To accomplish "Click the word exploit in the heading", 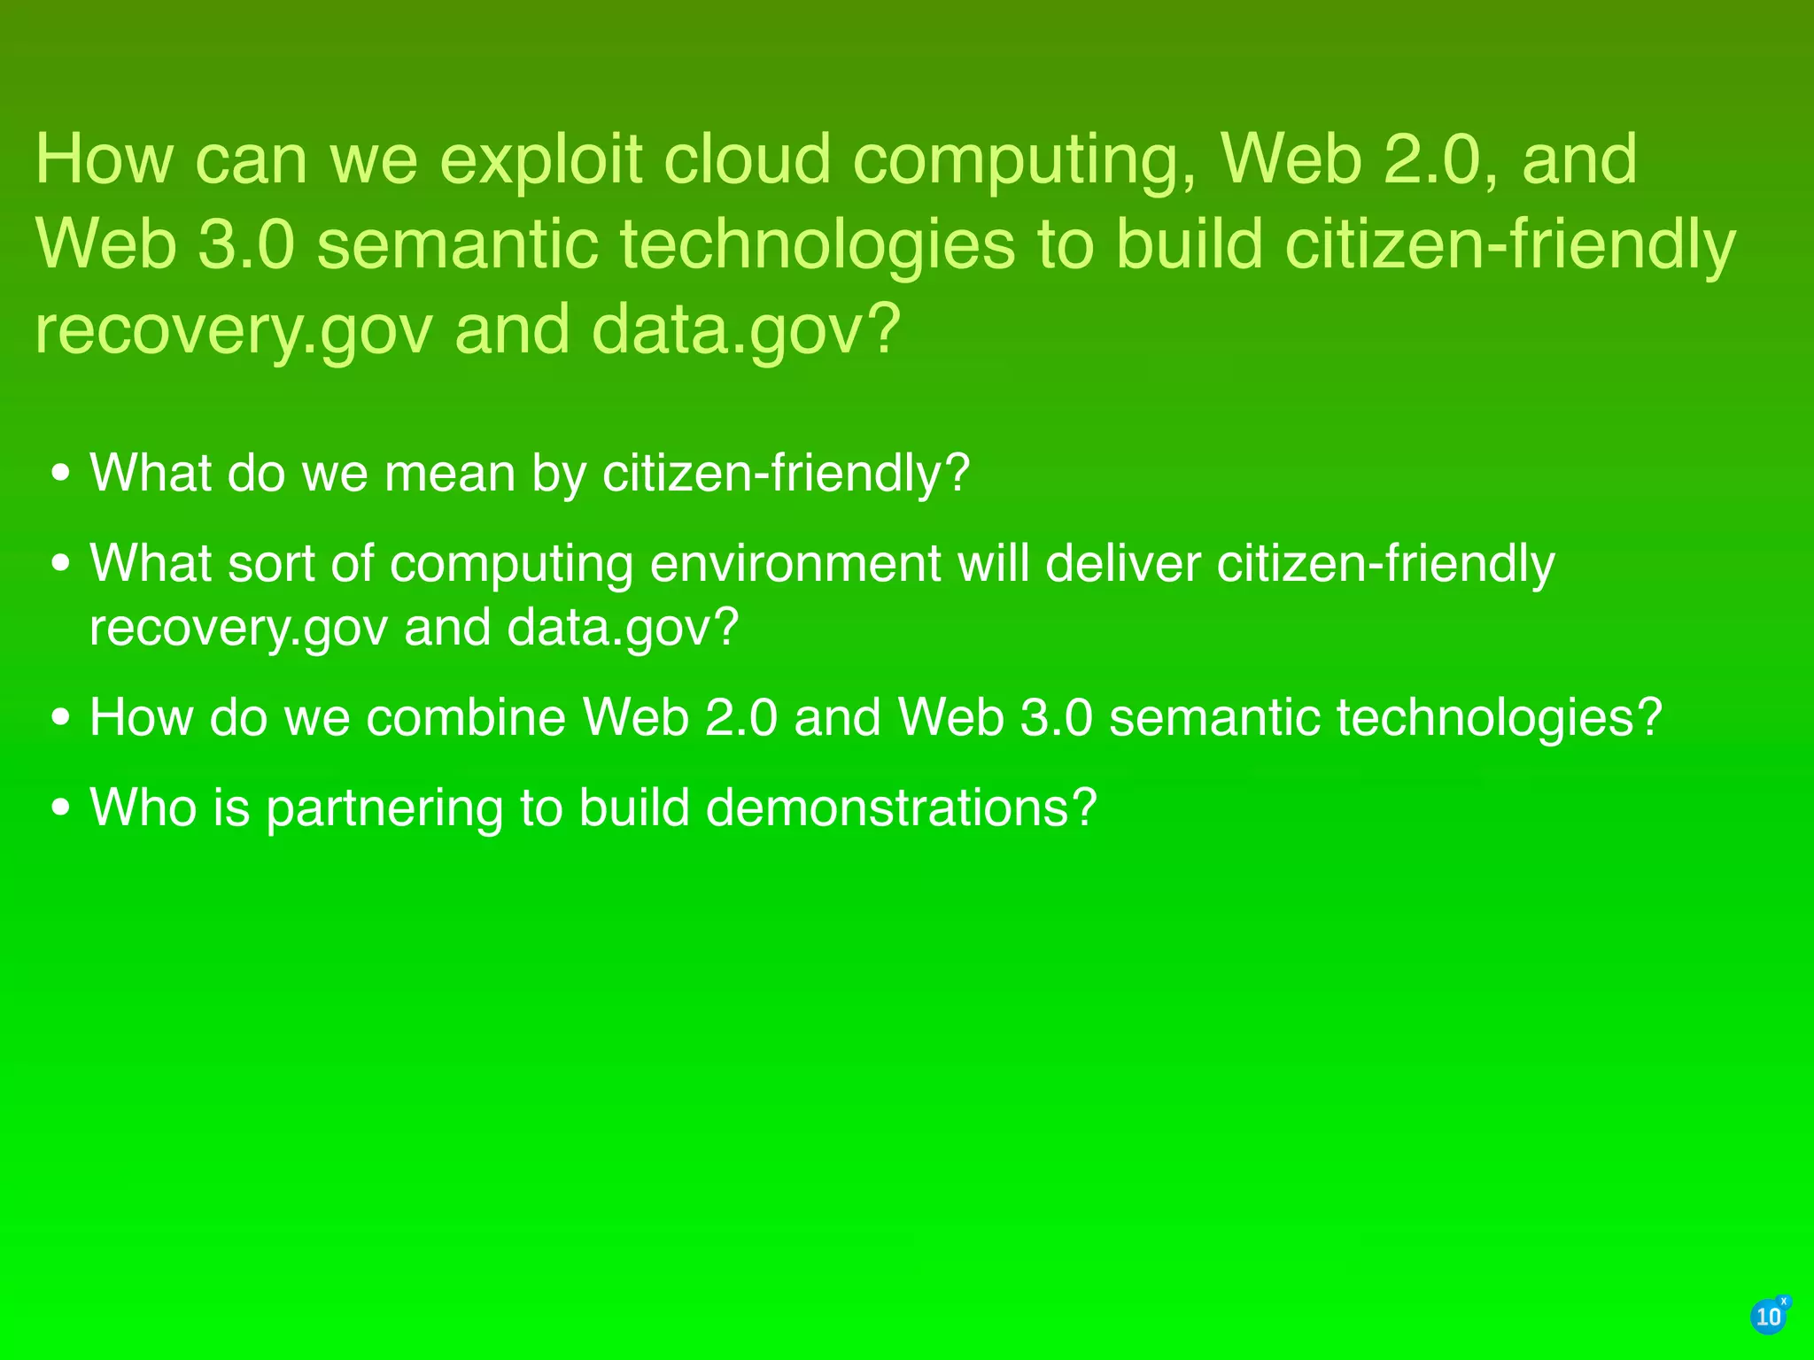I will point(540,161).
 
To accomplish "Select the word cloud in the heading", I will point(747,159).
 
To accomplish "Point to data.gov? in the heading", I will point(746,328).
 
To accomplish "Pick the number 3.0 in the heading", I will point(245,245).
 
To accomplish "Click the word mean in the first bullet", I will point(449,473).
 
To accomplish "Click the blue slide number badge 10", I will point(1769,1317).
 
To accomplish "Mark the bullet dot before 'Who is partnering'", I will point(60,808).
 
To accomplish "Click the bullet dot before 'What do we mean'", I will point(60,474).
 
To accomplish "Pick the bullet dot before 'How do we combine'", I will point(60,718).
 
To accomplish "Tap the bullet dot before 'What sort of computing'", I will point(60,564).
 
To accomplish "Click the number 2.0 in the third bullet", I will point(741,717).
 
